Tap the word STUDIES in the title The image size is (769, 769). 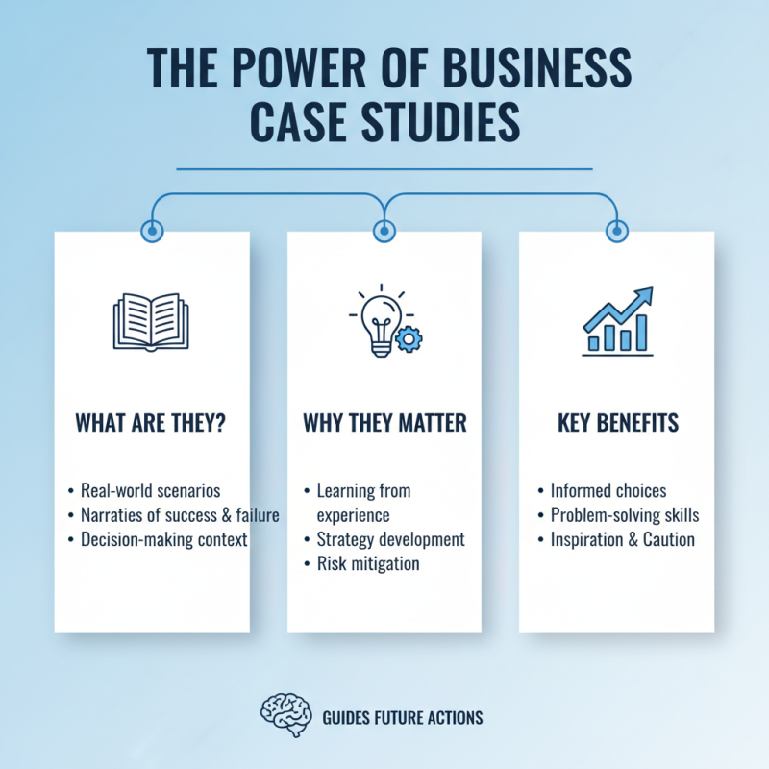pos(445,124)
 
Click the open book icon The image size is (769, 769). pos(151,321)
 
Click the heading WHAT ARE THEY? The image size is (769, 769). pos(151,423)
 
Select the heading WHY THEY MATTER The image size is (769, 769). pos(384,423)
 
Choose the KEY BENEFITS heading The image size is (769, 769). pos(616,423)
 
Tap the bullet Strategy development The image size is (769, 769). pos(390,539)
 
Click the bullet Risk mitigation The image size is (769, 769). pos(368,563)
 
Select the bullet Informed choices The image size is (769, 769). pos(608,491)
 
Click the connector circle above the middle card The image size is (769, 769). pos(384,231)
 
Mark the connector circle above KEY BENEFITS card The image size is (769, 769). pos(616,231)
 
